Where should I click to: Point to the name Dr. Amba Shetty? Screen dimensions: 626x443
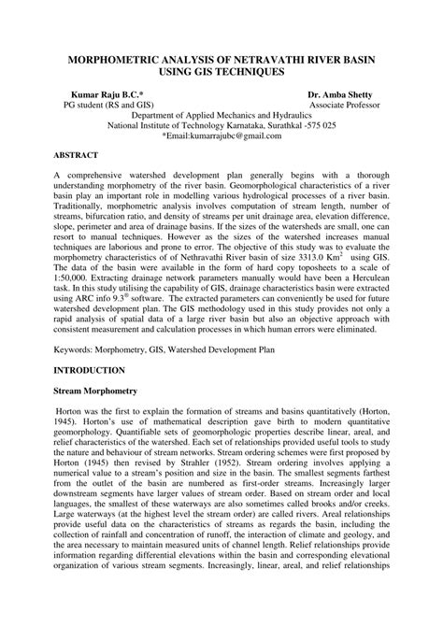(343, 95)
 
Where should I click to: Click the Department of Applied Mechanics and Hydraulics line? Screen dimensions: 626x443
(221, 118)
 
